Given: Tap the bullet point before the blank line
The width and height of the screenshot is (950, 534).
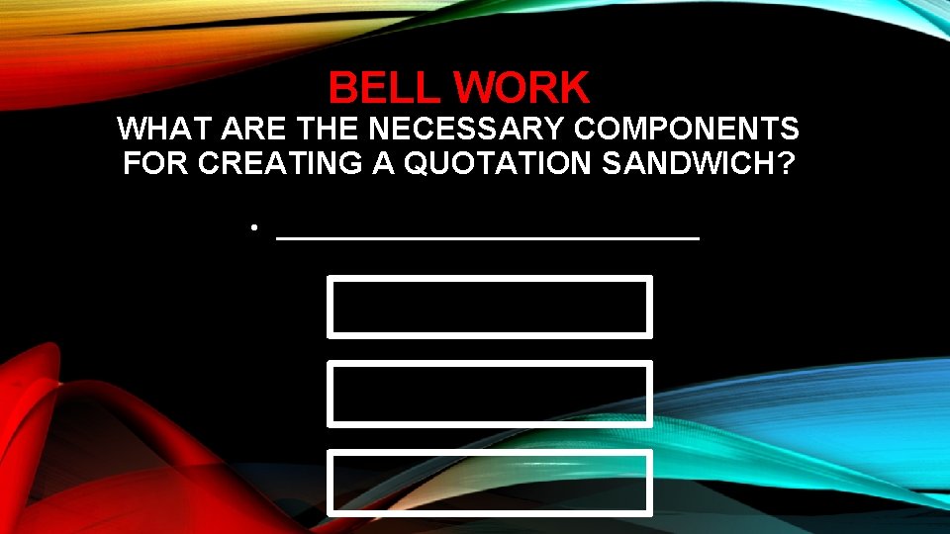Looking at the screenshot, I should tap(254, 228).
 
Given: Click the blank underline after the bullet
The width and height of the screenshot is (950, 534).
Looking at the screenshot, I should tap(488, 238).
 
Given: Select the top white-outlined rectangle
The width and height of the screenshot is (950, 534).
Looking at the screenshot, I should tap(490, 307).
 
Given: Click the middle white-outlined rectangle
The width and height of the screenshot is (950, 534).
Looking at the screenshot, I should tap(490, 394).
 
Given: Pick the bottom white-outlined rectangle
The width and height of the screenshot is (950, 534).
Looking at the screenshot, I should tap(490, 483).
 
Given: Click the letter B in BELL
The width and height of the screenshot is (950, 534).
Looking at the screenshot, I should tap(343, 88).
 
